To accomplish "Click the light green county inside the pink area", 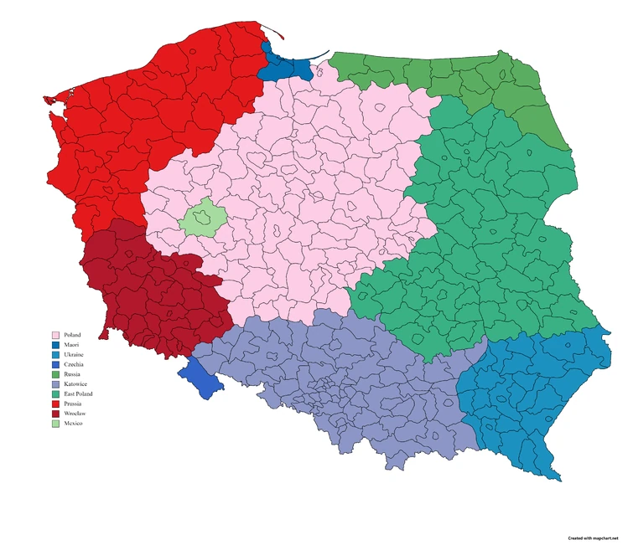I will (203, 219).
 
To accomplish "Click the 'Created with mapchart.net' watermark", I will (593, 537).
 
